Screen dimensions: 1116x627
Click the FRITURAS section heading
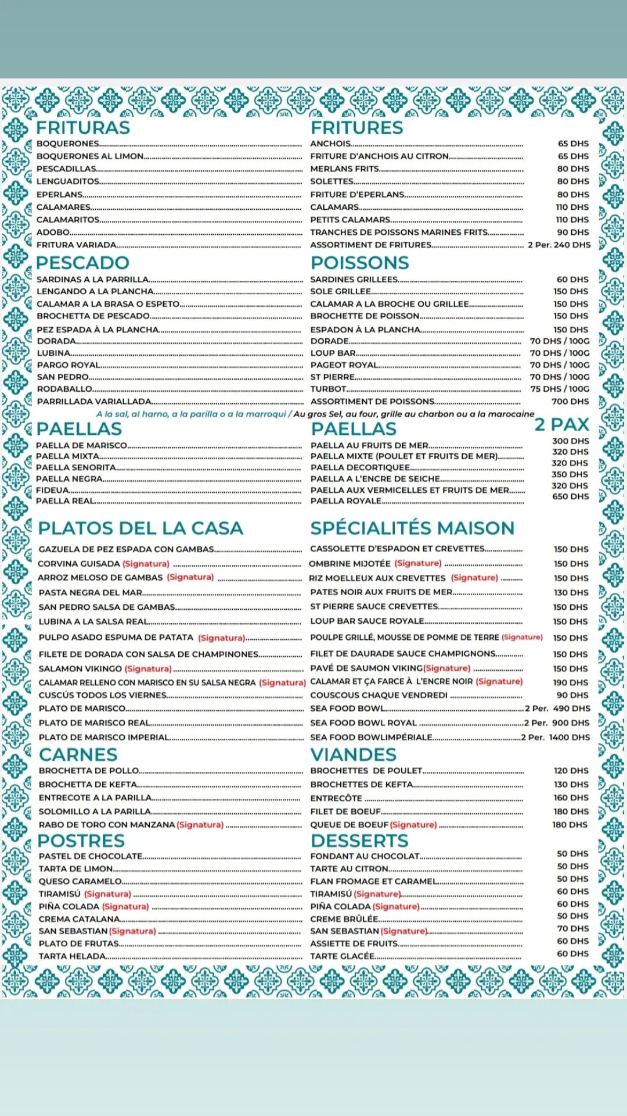[83, 128]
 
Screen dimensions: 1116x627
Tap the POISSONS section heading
[360, 263]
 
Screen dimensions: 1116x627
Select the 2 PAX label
[561, 425]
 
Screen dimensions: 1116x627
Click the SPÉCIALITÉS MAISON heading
[412, 528]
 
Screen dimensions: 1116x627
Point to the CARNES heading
[78, 754]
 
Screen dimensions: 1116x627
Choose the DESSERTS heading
[359, 840]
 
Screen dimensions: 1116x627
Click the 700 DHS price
[570, 402]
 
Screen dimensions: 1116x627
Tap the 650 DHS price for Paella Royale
[570, 496]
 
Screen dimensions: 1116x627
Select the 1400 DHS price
[569, 737]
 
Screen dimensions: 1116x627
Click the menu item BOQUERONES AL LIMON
[90, 156]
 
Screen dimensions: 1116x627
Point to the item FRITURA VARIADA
[77, 245]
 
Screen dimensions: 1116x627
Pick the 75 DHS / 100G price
[560, 389]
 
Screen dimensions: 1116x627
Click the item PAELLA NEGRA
[69, 479]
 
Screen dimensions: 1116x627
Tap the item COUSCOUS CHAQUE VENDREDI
[379, 695]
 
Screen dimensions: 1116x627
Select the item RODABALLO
[64, 389]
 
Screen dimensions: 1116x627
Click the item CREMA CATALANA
[79, 919]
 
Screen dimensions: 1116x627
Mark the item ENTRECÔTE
[336, 798]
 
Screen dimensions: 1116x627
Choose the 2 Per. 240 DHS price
[559, 245]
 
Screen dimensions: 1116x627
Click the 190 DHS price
[570, 682]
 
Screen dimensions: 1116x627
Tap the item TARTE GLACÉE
[343, 956]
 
